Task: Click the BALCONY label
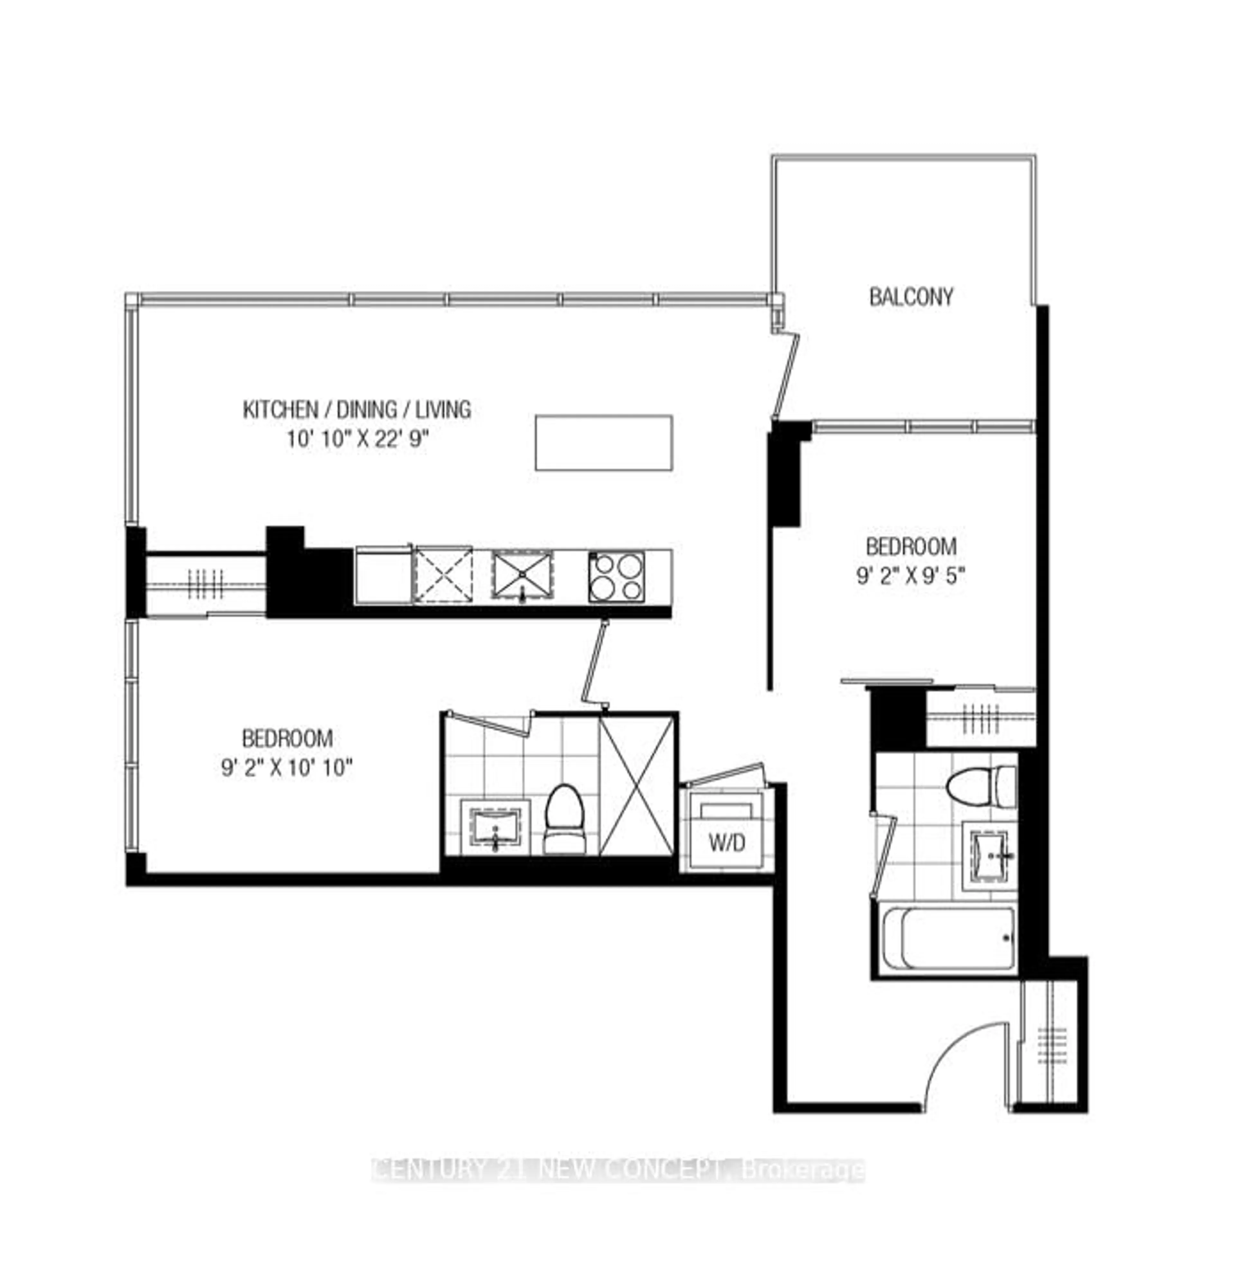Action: point(911,297)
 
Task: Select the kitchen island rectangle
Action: point(604,443)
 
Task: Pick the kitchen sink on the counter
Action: point(522,575)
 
